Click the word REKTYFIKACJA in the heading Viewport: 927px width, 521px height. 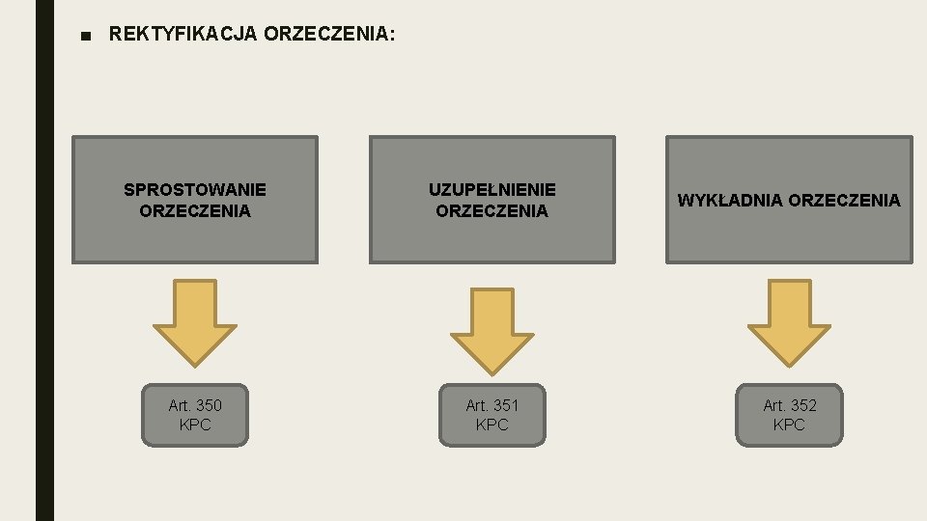click(183, 35)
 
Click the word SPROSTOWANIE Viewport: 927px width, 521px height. click(195, 190)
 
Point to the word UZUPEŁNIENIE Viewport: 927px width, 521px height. click(492, 190)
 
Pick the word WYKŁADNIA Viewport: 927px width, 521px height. click(730, 201)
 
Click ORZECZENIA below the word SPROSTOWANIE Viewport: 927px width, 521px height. click(195, 210)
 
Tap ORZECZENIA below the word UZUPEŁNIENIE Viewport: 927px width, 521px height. click(492, 210)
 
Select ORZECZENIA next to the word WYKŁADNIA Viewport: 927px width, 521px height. click(844, 201)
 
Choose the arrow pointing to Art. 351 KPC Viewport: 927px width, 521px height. click(492, 328)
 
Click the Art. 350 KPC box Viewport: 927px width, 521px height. click(195, 415)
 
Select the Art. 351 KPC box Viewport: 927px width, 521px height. click(492, 415)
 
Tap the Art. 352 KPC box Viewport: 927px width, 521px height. click(789, 415)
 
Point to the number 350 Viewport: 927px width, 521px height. click(208, 405)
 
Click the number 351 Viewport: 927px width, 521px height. click(505, 405)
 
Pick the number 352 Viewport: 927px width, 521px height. click(802, 405)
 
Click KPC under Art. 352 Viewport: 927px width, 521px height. click(789, 425)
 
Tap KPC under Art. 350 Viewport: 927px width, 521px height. click(195, 425)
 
